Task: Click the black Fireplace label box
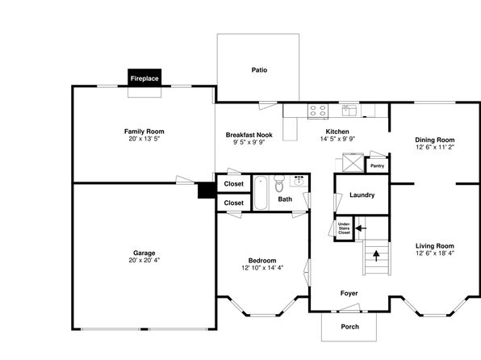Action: [144, 77]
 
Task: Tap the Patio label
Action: [259, 70]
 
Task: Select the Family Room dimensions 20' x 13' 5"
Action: [144, 139]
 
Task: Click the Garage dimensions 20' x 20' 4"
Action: [144, 260]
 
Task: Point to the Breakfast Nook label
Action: [249, 135]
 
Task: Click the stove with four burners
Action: [318, 111]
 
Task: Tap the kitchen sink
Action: [349, 111]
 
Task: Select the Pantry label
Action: [378, 165]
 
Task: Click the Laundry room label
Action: [362, 195]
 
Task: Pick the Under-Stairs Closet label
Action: [344, 228]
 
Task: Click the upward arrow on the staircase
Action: [376, 256]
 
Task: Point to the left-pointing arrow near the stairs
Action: [361, 228]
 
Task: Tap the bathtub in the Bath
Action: [261, 193]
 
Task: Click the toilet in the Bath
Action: [279, 183]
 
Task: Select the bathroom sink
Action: [299, 181]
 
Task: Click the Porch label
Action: [350, 327]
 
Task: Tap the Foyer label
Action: [349, 293]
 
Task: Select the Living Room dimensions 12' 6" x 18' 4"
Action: [435, 253]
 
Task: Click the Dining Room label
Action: [435, 140]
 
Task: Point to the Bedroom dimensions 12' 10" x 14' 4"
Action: [262, 268]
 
